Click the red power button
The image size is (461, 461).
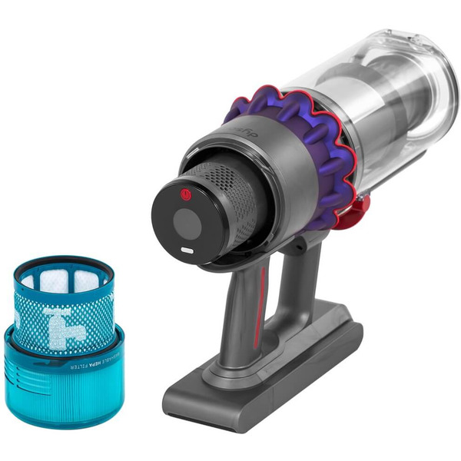(184, 195)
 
